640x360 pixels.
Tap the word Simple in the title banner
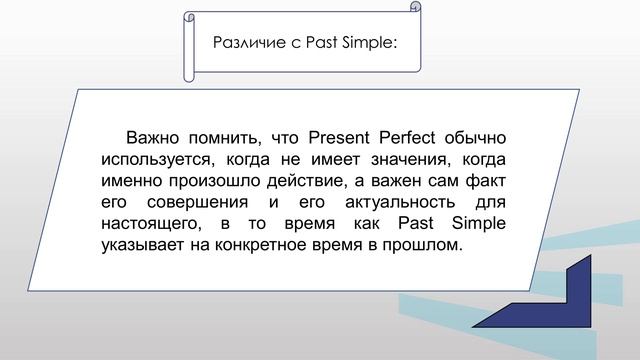click(x=366, y=42)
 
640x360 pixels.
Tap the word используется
click(x=157, y=159)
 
